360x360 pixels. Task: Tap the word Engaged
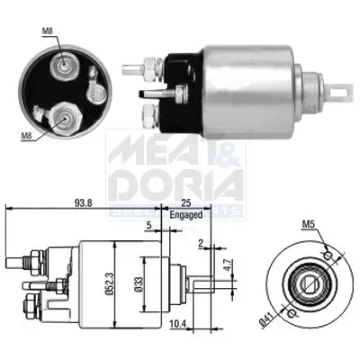click(184, 216)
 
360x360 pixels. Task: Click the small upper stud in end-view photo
click(62, 64)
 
